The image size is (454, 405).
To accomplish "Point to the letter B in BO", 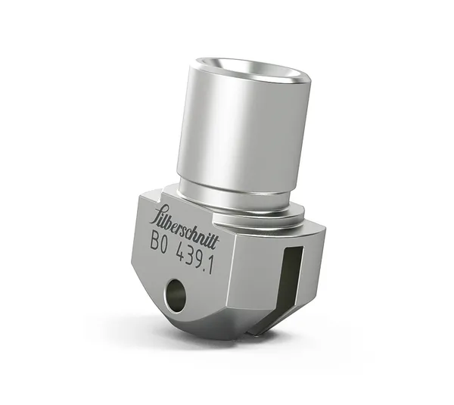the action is (x=155, y=241).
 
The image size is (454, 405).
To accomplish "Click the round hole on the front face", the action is (x=176, y=295).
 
